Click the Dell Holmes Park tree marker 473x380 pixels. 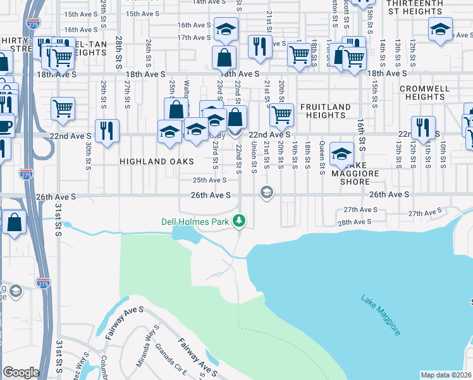pos(239,220)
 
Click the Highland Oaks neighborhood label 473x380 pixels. pos(148,161)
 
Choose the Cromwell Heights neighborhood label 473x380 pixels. pos(425,92)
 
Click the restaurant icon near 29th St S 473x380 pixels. pos(107,130)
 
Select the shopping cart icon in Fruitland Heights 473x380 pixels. pos(281,115)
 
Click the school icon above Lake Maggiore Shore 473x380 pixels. pos(341,153)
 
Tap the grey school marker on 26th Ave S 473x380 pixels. pos(267,192)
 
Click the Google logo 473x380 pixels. pos(21,372)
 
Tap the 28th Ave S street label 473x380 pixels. pos(353,222)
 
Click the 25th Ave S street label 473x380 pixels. pos(210,180)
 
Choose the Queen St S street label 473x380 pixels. pos(322,158)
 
